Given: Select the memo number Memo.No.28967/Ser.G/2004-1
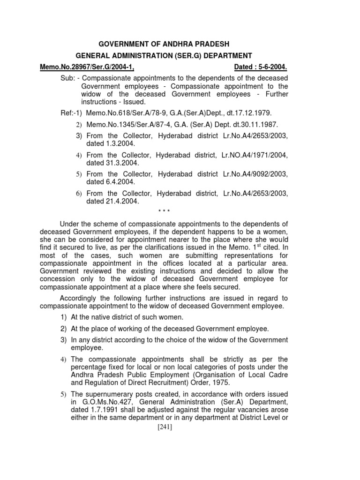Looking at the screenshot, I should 87,67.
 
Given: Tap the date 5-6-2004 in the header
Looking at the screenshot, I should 270,67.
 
